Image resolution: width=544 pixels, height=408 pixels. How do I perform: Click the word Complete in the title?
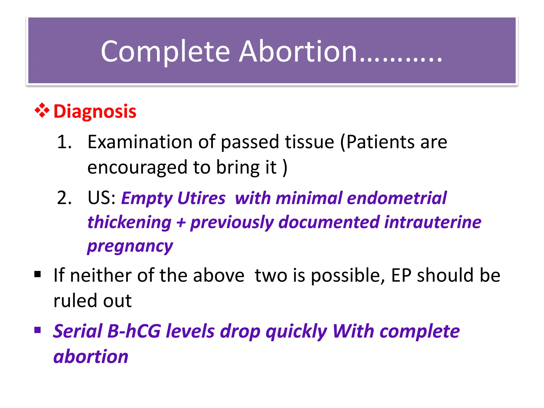165,52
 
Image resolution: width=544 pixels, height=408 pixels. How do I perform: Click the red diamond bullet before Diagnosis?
42,110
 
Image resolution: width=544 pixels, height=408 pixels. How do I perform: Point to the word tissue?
309,142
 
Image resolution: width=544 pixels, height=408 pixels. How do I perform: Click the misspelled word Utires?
201,198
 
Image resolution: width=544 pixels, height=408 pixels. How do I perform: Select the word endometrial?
397,198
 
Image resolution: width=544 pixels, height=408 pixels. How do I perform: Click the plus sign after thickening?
181,223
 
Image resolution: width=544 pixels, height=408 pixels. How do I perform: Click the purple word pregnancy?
130,246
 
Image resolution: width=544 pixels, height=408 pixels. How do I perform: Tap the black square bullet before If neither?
37,274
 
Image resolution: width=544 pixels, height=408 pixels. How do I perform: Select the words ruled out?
92,301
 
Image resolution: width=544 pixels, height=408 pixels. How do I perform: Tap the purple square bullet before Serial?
37,330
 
